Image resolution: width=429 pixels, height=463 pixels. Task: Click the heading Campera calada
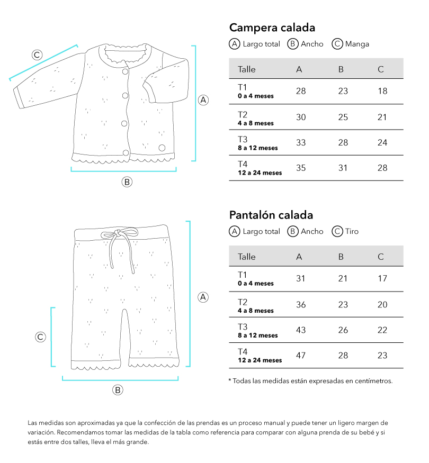click(272, 28)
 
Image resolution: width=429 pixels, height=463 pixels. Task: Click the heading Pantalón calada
click(271, 215)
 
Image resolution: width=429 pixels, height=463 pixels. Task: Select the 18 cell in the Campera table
click(382, 91)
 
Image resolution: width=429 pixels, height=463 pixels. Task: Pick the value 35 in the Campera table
click(300, 168)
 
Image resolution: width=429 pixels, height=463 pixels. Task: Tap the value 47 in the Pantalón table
click(300, 355)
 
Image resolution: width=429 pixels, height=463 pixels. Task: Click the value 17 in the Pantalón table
click(382, 278)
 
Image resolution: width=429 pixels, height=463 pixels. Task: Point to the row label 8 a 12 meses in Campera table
click(257, 148)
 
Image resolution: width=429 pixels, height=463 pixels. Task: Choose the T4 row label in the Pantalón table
click(243, 351)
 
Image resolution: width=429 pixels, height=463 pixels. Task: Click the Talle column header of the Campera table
click(247, 69)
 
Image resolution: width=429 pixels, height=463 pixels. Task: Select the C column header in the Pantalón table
click(381, 257)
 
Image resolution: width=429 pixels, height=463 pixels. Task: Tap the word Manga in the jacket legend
click(357, 44)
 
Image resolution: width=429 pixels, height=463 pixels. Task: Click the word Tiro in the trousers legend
click(352, 231)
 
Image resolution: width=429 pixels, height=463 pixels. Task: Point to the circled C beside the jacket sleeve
click(37, 55)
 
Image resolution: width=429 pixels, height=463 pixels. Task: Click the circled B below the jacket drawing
click(127, 182)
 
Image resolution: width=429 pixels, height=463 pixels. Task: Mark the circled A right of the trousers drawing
click(203, 297)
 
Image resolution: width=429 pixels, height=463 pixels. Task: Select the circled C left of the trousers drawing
click(40, 337)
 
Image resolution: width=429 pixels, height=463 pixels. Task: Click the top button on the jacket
click(126, 71)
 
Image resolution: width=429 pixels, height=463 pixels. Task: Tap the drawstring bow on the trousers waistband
click(118, 234)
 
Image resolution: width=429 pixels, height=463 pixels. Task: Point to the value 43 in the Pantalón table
click(300, 330)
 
